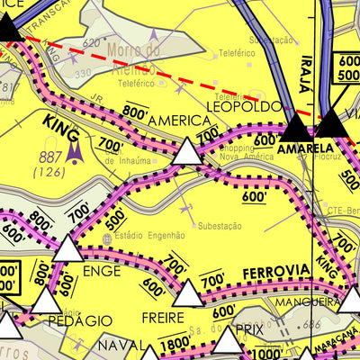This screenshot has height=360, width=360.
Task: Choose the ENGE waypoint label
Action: click(101, 269)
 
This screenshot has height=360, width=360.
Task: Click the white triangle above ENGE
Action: click(67, 247)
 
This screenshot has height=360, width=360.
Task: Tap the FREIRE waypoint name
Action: click(164, 317)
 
